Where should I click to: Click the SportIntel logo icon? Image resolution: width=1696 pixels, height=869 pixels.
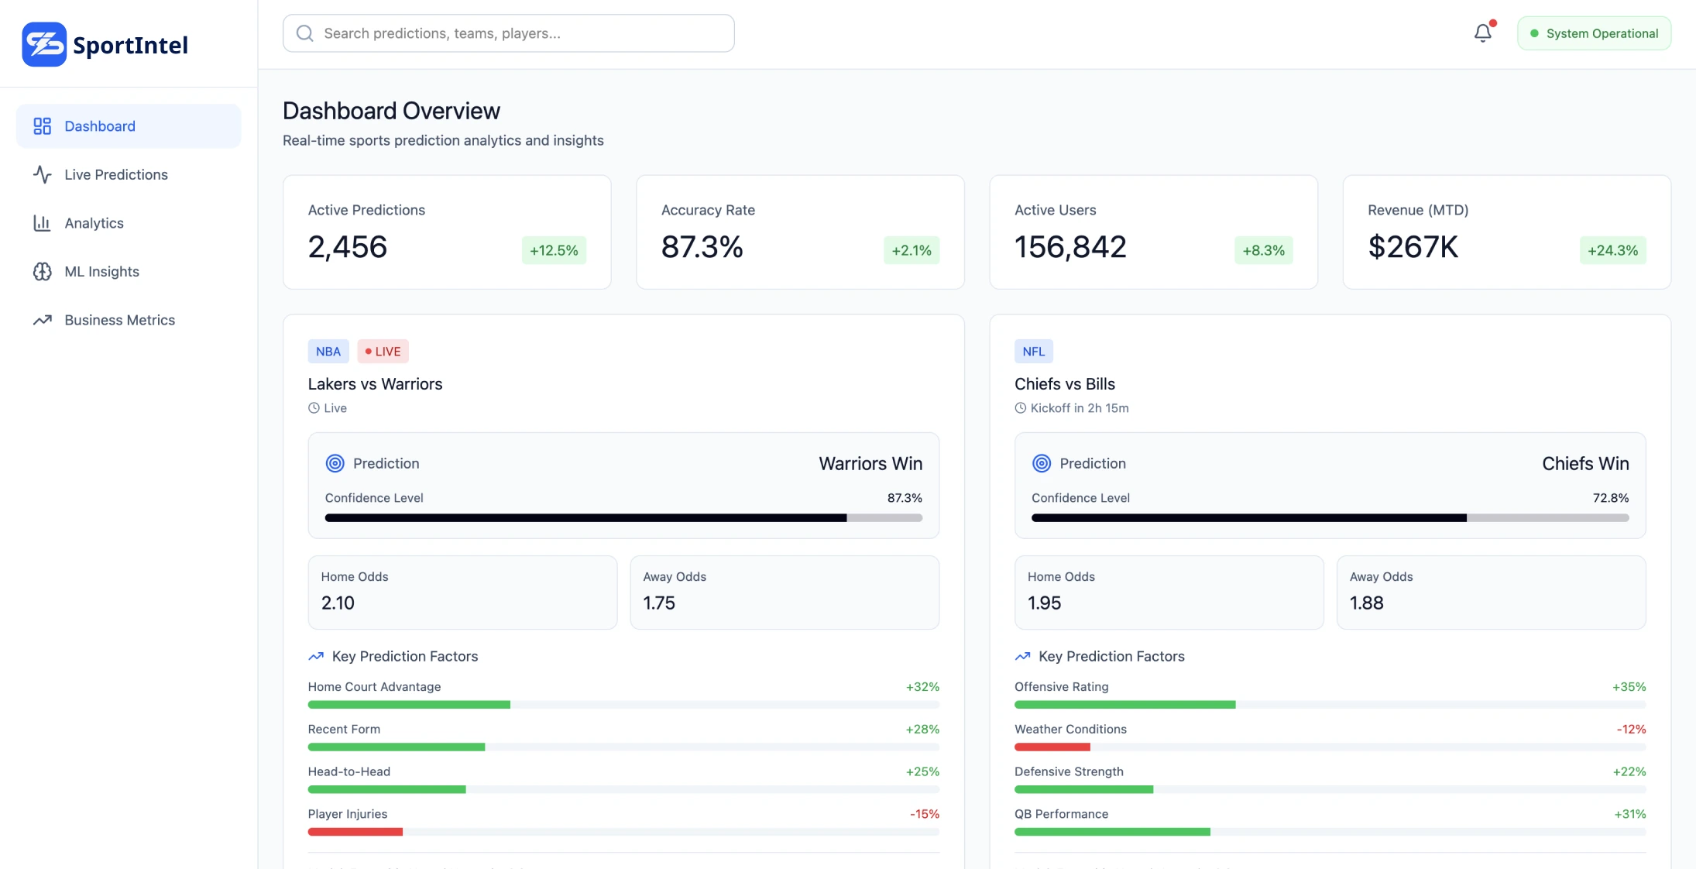[44, 44]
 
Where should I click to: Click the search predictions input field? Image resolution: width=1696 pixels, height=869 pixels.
[508, 33]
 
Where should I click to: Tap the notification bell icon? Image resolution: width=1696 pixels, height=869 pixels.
[1482, 33]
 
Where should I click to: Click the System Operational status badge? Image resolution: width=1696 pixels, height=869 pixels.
[1594, 33]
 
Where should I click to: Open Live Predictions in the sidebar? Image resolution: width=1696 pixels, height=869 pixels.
[115, 174]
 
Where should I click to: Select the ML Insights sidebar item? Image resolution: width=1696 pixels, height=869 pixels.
[101, 271]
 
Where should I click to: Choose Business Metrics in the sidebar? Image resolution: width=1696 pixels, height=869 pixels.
[119, 320]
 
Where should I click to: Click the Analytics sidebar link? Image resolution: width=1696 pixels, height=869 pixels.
[94, 223]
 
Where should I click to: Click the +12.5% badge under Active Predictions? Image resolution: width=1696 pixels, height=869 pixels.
[554, 250]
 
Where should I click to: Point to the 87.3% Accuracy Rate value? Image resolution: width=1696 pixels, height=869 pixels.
[702, 247]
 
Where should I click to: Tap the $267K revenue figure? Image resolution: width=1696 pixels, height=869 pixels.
[1413, 247]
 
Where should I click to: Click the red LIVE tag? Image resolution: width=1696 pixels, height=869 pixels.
[383, 351]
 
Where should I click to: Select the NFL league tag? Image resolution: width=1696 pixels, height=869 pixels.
[1033, 351]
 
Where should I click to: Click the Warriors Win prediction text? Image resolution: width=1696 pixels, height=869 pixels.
[870, 463]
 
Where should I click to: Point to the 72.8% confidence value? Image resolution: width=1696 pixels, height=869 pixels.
[1610, 498]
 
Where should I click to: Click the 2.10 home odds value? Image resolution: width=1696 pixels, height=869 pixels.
[338, 603]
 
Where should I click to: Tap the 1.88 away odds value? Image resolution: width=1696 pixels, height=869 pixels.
[1366, 603]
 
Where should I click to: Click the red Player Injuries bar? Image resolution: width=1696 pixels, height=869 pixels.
[355, 832]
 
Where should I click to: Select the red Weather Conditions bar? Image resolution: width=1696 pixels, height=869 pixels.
[1052, 747]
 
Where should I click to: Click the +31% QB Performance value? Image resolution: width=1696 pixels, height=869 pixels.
[1629, 814]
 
